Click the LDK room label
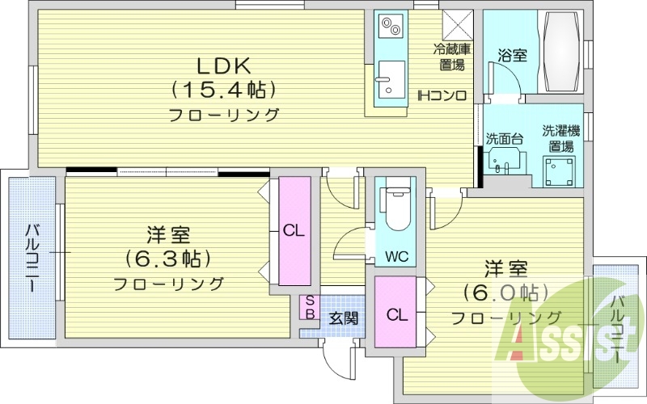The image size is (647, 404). tap(224, 65)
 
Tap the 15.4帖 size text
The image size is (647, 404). tap(224, 89)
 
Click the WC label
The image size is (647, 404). tap(396, 257)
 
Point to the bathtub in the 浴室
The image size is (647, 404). tap(558, 53)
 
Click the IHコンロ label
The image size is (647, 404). tap(442, 96)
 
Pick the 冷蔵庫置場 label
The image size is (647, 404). tap(450, 57)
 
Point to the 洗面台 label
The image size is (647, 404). tap(504, 138)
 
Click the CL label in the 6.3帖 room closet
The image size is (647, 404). tap(294, 229)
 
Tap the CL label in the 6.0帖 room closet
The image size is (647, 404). tap(395, 314)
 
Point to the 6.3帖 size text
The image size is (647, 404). tap(168, 259)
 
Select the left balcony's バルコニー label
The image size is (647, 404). tap(33, 258)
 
